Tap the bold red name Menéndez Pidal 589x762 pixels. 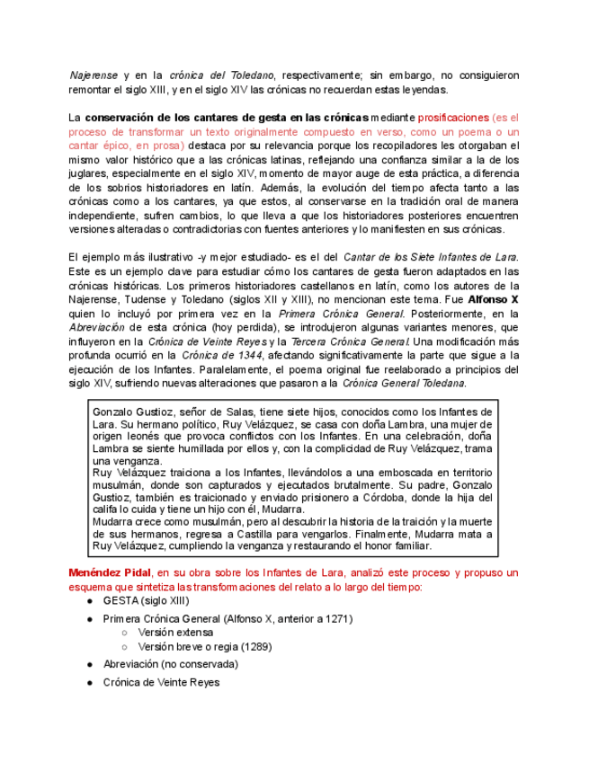(x=110, y=572)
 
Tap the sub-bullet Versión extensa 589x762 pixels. (x=175, y=633)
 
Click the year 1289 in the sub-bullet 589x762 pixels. (x=255, y=646)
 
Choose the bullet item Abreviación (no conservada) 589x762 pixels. (x=170, y=664)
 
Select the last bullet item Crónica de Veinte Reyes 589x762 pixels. (x=161, y=682)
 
